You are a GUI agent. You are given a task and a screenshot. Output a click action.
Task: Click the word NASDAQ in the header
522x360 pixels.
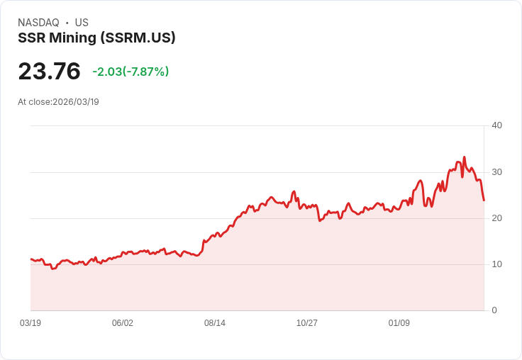(38, 23)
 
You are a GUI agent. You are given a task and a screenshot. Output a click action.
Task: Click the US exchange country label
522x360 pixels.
(82, 23)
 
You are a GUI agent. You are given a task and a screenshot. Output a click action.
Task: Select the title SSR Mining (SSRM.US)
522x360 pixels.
(96, 38)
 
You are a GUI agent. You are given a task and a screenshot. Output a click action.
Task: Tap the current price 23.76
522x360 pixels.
(49, 72)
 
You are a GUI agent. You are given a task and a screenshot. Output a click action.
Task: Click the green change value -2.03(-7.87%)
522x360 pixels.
(130, 72)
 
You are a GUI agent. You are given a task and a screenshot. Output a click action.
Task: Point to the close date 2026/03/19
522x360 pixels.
(76, 102)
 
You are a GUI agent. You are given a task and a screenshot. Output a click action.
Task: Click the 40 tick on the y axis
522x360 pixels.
(496, 125)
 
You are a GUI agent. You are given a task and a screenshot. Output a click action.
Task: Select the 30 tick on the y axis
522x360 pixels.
(496, 172)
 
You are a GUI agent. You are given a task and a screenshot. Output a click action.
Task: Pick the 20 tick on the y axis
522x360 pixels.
(496, 218)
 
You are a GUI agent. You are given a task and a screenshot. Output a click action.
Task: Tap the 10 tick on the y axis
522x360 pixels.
(496, 264)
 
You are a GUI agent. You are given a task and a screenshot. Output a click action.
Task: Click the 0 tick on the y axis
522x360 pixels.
(494, 310)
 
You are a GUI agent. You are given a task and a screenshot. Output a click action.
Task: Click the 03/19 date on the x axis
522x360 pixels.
(30, 323)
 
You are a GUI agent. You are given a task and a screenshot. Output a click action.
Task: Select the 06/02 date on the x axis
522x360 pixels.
(123, 323)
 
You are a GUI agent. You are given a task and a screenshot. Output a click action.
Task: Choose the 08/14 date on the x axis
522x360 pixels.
(215, 323)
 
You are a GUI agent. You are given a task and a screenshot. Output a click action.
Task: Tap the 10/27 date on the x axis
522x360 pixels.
(307, 323)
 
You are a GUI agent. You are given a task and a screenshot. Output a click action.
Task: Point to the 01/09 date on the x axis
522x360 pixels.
(399, 323)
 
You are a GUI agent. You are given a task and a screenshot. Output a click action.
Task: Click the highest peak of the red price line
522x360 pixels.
(465, 157)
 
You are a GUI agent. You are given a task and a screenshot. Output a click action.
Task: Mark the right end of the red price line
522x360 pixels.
(484, 201)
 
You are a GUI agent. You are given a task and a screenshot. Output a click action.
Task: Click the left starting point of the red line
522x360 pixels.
(30, 259)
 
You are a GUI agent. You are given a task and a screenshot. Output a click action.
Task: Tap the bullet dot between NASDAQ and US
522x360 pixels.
(67, 23)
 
